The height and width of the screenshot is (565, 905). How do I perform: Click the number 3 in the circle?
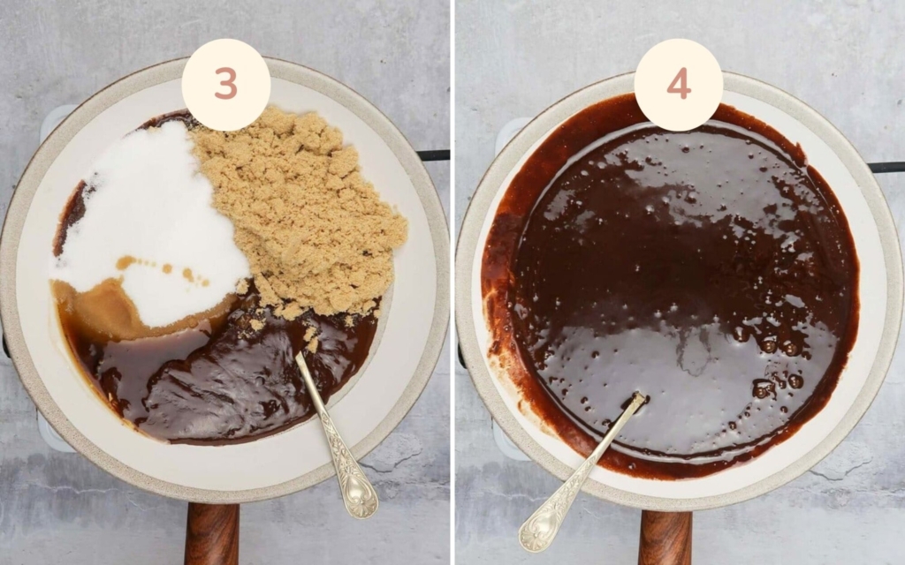pyautogui.click(x=225, y=84)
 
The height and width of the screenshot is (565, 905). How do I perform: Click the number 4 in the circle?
pyautogui.click(x=678, y=84)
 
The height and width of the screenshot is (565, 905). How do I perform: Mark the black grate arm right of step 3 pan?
pyautogui.click(x=434, y=155)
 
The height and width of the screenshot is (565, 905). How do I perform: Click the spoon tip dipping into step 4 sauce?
pyautogui.click(x=638, y=399)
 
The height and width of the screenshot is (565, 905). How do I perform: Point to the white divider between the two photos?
pyautogui.click(x=452, y=282)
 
